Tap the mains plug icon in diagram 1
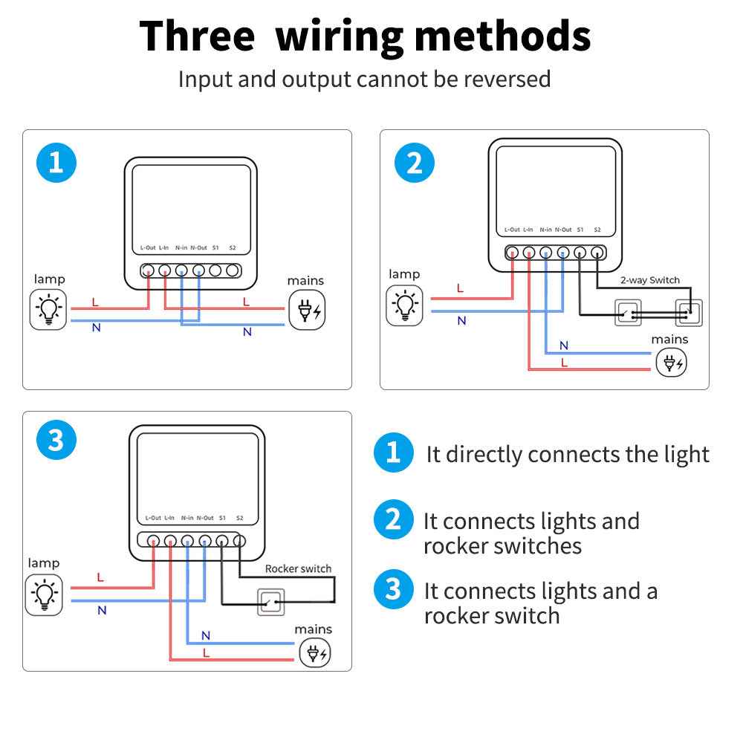(x=307, y=310)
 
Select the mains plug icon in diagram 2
(x=672, y=363)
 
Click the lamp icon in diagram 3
(x=44, y=594)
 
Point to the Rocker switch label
(x=298, y=568)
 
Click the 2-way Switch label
(x=649, y=280)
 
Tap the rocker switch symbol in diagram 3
(x=270, y=601)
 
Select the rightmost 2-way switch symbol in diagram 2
(x=688, y=314)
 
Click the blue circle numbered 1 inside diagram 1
(x=56, y=163)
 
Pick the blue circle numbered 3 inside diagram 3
(x=56, y=441)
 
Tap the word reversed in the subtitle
(x=507, y=79)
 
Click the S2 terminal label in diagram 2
(x=597, y=230)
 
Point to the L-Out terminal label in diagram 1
(x=148, y=247)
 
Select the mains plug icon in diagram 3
(x=314, y=653)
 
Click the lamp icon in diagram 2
(x=404, y=305)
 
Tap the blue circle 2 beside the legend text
(x=393, y=520)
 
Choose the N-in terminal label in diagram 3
(x=187, y=518)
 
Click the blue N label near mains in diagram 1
(x=247, y=332)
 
